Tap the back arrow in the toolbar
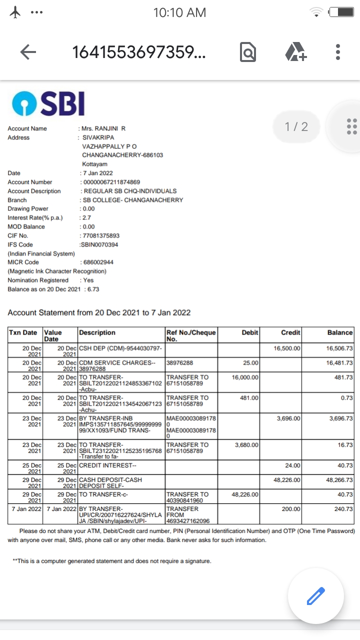click(x=28, y=52)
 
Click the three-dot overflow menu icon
click(x=338, y=52)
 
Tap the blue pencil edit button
click(x=315, y=595)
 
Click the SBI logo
click(x=48, y=103)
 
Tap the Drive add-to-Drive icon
click(x=295, y=52)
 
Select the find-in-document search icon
click(x=248, y=52)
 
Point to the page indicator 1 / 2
click(x=296, y=127)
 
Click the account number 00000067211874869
click(x=111, y=182)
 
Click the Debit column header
click(x=249, y=332)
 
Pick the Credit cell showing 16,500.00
click(x=287, y=348)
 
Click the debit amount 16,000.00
click(x=245, y=377)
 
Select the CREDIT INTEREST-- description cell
click(x=107, y=465)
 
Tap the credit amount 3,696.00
click(x=288, y=418)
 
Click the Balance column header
click(x=339, y=332)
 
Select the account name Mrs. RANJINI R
click(x=103, y=128)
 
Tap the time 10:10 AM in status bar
click(x=179, y=13)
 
